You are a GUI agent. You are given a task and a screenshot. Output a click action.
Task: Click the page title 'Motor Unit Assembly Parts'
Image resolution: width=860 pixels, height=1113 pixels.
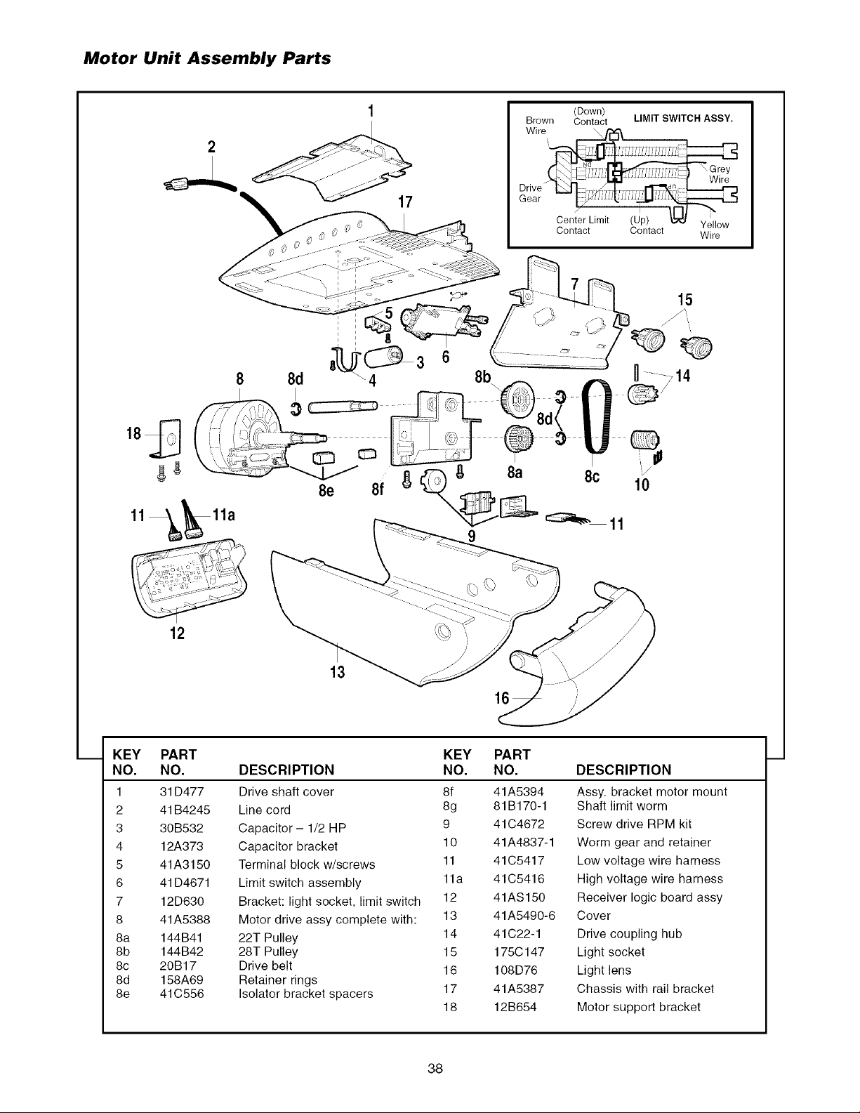pos(207,58)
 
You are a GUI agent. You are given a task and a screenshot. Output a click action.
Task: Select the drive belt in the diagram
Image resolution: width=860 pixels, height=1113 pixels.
pos(597,416)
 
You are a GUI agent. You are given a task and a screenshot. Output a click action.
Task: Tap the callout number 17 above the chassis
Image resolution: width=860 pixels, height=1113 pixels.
pos(405,202)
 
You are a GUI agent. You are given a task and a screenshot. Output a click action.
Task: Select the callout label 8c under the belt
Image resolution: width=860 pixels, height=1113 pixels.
pos(592,476)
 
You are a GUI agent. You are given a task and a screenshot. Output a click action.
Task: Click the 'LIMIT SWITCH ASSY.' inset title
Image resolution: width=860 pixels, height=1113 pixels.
pos(683,119)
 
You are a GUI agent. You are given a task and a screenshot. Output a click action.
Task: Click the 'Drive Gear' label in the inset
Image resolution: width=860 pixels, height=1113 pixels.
pos(530,193)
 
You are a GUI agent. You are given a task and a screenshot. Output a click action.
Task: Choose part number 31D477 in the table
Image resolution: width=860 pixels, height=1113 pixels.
pos(182,792)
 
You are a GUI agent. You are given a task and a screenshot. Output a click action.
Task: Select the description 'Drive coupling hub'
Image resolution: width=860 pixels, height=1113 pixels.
pos(629,934)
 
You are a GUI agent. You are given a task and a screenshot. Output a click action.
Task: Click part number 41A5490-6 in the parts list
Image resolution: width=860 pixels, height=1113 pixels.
pos(524,915)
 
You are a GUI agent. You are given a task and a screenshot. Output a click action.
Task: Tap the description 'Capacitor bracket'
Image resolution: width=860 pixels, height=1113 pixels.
pos(289,846)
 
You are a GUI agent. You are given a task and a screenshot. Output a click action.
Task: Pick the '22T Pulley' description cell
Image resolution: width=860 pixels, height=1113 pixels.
pos(268,938)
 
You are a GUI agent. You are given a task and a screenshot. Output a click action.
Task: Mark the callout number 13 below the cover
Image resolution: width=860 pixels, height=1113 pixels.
pos(338,671)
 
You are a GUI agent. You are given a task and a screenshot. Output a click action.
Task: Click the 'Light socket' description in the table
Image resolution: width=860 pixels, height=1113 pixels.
pos(611,951)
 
